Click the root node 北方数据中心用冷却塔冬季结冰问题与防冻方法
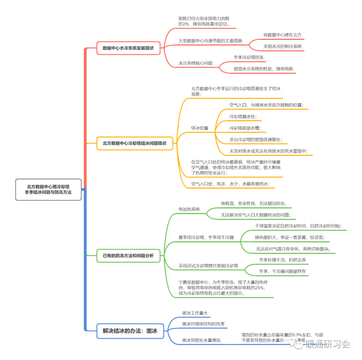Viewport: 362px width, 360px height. point(49,189)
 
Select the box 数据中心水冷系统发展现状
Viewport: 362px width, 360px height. point(128,48)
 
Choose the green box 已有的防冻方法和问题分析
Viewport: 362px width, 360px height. point(128,255)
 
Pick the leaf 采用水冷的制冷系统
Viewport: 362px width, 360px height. point(282,46)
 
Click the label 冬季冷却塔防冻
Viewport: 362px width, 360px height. point(248,57)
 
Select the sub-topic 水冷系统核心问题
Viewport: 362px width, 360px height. point(195,63)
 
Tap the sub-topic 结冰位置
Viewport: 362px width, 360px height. point(200,128)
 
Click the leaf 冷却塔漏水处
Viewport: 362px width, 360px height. point(243,117)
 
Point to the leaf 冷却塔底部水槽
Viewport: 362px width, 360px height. point(245,128)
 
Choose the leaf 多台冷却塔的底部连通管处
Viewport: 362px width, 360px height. point(256,139)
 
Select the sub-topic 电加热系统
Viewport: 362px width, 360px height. point(189,209)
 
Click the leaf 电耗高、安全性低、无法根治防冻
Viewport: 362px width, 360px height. point(253,203)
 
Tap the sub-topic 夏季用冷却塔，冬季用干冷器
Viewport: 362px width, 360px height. point(206,237)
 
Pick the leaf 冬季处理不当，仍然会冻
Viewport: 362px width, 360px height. point(282,260)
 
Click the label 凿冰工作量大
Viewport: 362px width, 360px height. point(195,313)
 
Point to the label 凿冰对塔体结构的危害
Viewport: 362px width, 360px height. point(203,324)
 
